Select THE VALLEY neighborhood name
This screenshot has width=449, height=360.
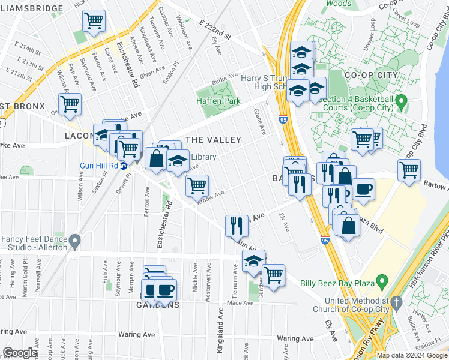[213, 140]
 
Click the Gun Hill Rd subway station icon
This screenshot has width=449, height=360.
[124, 166]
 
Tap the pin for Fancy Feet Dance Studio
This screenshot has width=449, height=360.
[74, 242]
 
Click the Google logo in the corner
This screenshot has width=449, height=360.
[20, 353]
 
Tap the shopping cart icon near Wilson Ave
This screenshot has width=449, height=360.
[70, 104]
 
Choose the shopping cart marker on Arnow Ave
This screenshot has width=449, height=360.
[196, 185]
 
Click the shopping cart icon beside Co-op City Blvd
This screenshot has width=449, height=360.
[409, 169]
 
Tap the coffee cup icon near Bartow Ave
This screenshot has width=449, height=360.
[363, 190]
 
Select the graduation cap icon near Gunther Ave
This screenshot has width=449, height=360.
[253, 260]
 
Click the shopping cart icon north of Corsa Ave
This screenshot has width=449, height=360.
[94, 21]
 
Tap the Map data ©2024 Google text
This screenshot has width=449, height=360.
[412, 355]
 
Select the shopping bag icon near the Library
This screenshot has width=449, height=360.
[156, 159]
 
